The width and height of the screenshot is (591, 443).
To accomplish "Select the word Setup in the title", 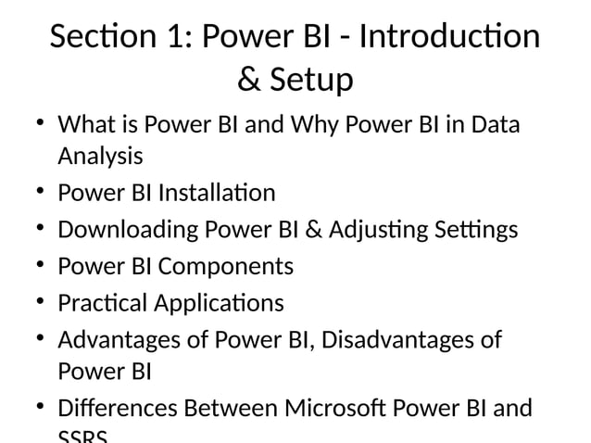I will (x=311, y=81).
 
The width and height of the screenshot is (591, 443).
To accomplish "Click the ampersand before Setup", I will (x=248, y=81).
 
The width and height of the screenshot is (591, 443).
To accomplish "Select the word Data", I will (x=494, y=124).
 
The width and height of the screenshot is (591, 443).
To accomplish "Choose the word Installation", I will (x=217, y=193).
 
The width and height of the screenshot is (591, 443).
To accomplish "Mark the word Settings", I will (x=472, y=229).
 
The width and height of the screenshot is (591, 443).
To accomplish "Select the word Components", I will (x=225, y=266).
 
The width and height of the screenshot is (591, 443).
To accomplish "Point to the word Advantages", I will (x=121, y=340).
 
